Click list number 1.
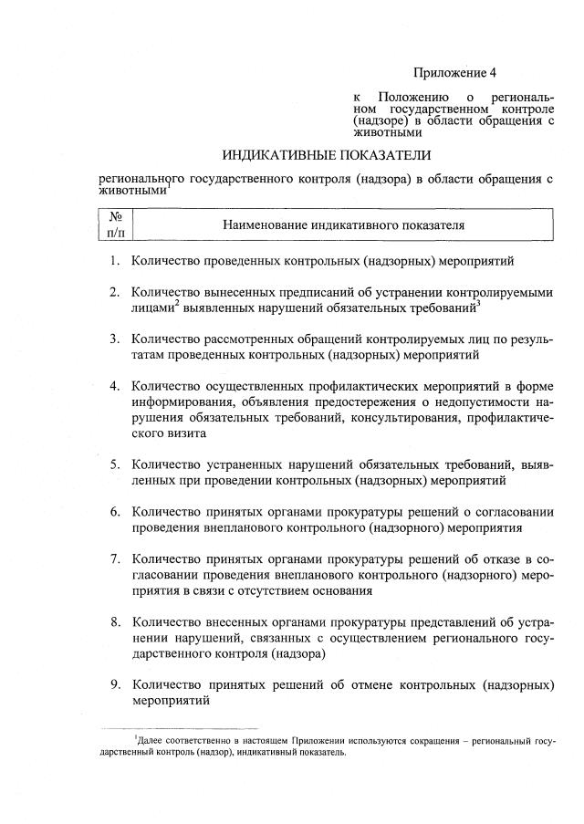[116, 261]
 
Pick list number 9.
[116, 684]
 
